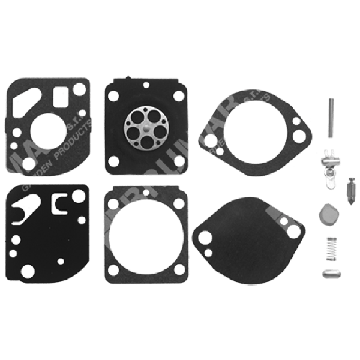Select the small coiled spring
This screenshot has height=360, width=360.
click(x=329, y=248)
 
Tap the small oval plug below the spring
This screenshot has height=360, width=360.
click(x=329, y=274)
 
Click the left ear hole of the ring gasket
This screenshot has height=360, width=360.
click(x=209, y=142)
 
